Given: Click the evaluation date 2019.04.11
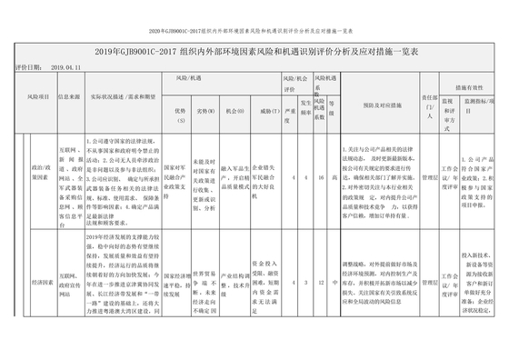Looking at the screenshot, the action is coord(67,67).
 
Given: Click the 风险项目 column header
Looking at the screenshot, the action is coord(37,94).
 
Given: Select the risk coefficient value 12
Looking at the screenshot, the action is coord(322,283).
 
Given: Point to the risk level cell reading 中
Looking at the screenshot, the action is coord(335,283).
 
